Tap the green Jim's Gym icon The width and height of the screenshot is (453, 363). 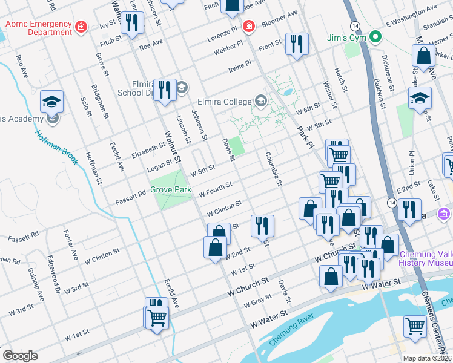(375, 37)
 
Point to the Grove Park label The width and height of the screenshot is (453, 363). (171, 190)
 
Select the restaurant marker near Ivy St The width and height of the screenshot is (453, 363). (131, 23)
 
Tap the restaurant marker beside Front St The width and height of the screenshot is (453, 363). (297, 44)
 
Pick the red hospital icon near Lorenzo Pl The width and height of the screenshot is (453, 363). (248, 26)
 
